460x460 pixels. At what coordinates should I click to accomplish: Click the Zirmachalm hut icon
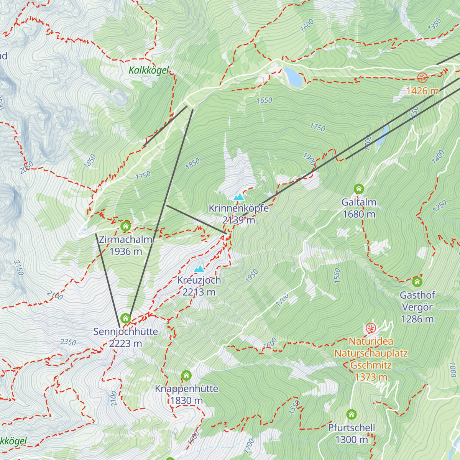coord(125,226)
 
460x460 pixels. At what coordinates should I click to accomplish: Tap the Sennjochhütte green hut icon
coord(125,318)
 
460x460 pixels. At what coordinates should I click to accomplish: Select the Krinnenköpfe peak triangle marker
coord(239,197)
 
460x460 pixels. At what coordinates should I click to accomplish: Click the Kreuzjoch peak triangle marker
coord(199,269)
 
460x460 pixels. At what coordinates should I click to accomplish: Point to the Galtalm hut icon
coord(359,189)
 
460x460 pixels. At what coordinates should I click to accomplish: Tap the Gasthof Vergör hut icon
coord(417,282)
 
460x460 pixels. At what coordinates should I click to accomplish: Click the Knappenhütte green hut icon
coord(186,375)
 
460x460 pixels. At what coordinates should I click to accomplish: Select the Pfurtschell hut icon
coord(352,414)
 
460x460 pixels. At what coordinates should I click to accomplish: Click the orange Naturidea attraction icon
coord(370,328)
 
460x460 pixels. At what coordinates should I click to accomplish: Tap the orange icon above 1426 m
coord(422,78)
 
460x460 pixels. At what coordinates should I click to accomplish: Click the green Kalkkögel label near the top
coord(149,71)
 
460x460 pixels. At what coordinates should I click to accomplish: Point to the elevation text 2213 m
coord(199,292)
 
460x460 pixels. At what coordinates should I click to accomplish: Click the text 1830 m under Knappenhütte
coord(187,401)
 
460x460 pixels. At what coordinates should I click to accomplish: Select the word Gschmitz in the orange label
coord(371,365)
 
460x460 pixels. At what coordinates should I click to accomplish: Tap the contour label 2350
coord(68,342)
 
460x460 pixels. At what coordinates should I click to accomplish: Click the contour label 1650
coord(264,100)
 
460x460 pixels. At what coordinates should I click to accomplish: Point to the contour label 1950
coord(251,276)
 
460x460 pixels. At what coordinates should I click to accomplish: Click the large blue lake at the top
coord(294,76)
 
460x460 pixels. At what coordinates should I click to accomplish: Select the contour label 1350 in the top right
coord(434,25)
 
